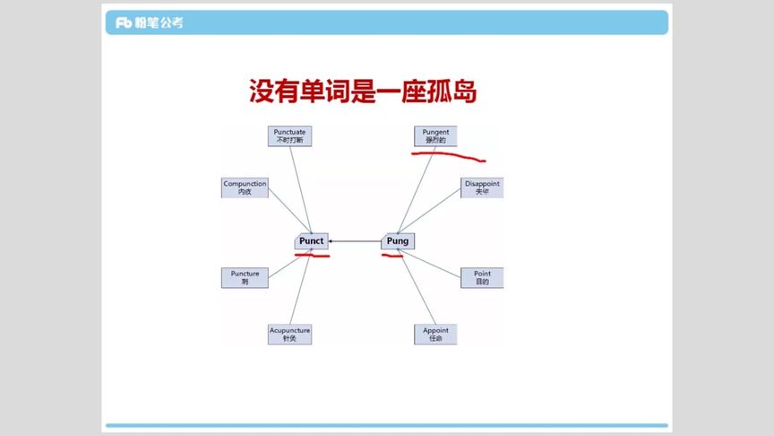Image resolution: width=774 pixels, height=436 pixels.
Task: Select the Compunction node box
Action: pyautogui.click(x=245, y=187)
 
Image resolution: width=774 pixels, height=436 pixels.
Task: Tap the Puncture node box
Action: pyautogui.click(x=245, y=277)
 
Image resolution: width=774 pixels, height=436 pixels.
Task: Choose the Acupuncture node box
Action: pyautogui.click(x=289, y=334)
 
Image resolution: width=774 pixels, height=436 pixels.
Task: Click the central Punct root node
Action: pyautogui.click(x=311, y=241)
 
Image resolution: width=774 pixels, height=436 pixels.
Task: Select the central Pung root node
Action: pyautogui.click(x=397, y=241)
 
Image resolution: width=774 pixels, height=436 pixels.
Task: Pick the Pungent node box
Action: pyautogui.click(x=435, y=135)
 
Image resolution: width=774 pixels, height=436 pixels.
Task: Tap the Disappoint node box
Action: pyautogui.click(x=482, y=187)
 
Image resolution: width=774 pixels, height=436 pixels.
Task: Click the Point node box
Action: pyautogui.click(x=482, y=277)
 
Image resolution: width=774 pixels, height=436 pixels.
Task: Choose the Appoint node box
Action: pyautogui.click(x=435, y=334)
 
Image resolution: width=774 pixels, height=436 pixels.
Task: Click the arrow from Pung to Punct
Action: pyautogui.click(x=354, y=241)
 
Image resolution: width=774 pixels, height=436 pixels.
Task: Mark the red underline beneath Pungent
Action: pyautogui.click(x=448, y=156)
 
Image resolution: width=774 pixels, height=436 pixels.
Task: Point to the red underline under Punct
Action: pyautogui.click(x=312, y=256)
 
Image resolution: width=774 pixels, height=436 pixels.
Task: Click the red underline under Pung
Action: pyautogui.click(x=392, y=256)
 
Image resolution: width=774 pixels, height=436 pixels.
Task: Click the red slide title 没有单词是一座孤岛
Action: pyautogui.click(x=362, y=92)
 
